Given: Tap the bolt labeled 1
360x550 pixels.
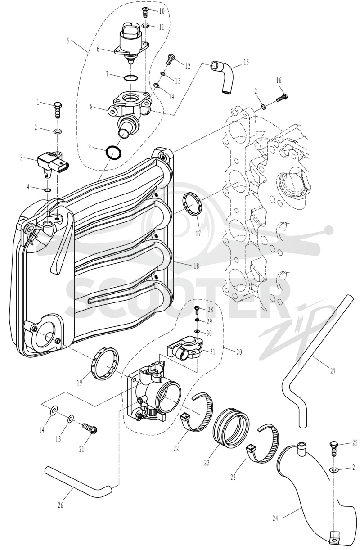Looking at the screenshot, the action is [x=58, y=110].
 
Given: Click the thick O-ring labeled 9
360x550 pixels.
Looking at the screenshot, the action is [x=113, y=153].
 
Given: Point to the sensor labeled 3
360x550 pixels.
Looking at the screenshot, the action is [x=53, y=164].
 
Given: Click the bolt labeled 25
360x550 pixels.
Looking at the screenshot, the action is [x=334, y=449].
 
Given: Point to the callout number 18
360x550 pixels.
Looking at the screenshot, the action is [x=196, y=266].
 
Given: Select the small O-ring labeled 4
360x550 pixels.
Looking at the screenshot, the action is [x=48, y=190].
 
